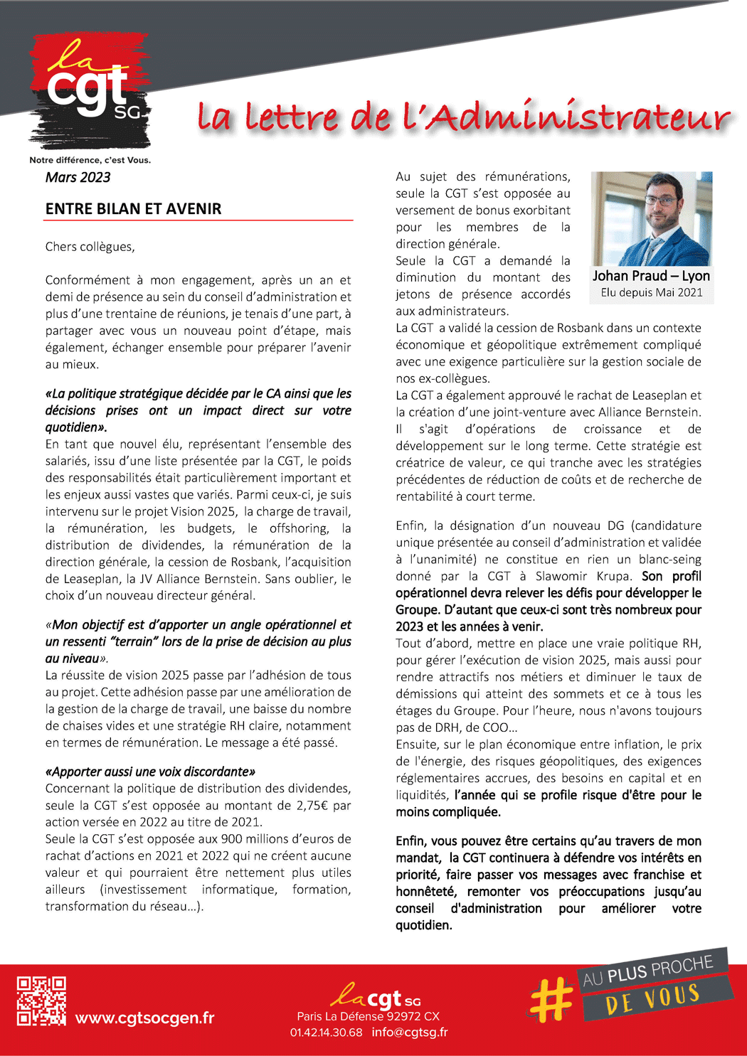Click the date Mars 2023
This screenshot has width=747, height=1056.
[78, 177]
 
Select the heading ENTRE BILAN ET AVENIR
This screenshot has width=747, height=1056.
[133, 208]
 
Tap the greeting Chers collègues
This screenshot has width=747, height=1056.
[90, 247]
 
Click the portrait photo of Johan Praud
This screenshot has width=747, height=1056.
[651, 218]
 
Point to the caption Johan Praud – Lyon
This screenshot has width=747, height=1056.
[651, 276]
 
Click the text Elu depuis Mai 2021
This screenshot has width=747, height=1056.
[651, 292]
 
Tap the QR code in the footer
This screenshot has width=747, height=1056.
[41, 1001]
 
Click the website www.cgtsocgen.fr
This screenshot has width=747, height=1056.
[144, 1018]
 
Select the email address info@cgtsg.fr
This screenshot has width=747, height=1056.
[409, 1032]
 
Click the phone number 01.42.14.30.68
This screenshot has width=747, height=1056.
[326, 1032]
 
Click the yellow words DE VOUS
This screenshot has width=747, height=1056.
[652, 999]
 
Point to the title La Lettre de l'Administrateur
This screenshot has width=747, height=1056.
[462, 117]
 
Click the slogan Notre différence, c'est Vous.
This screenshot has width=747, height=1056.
[90, 160]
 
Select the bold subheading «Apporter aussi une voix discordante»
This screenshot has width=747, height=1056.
[150, 772]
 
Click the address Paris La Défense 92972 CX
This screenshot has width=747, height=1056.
[368, 1016]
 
